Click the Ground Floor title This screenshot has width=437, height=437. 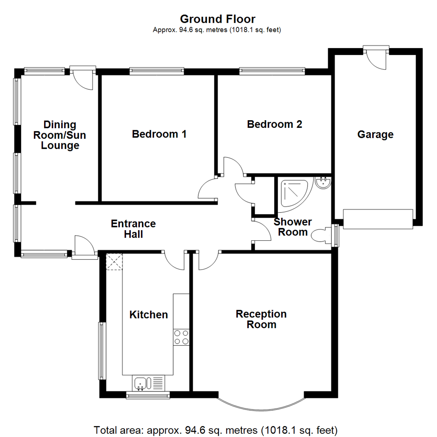click(217, 19)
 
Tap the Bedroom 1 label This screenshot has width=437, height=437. click(159, 134)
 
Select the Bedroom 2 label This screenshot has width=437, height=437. click(274, 124)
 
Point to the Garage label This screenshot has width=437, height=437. click(375, 134)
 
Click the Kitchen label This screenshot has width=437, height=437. click(148, 314)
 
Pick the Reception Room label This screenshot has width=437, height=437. click(261, 319)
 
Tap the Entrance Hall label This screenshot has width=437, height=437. click(134, 229)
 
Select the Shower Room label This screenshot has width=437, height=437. click(293, 227)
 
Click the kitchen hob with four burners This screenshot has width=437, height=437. click(181, 337)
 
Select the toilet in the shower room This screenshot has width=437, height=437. click(321, 235)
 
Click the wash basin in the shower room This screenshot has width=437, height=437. click(323, 183)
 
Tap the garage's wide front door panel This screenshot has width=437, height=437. click(378, 219)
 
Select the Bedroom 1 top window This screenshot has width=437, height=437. click(157, 71)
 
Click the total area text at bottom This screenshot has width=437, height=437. click(216, 429)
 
